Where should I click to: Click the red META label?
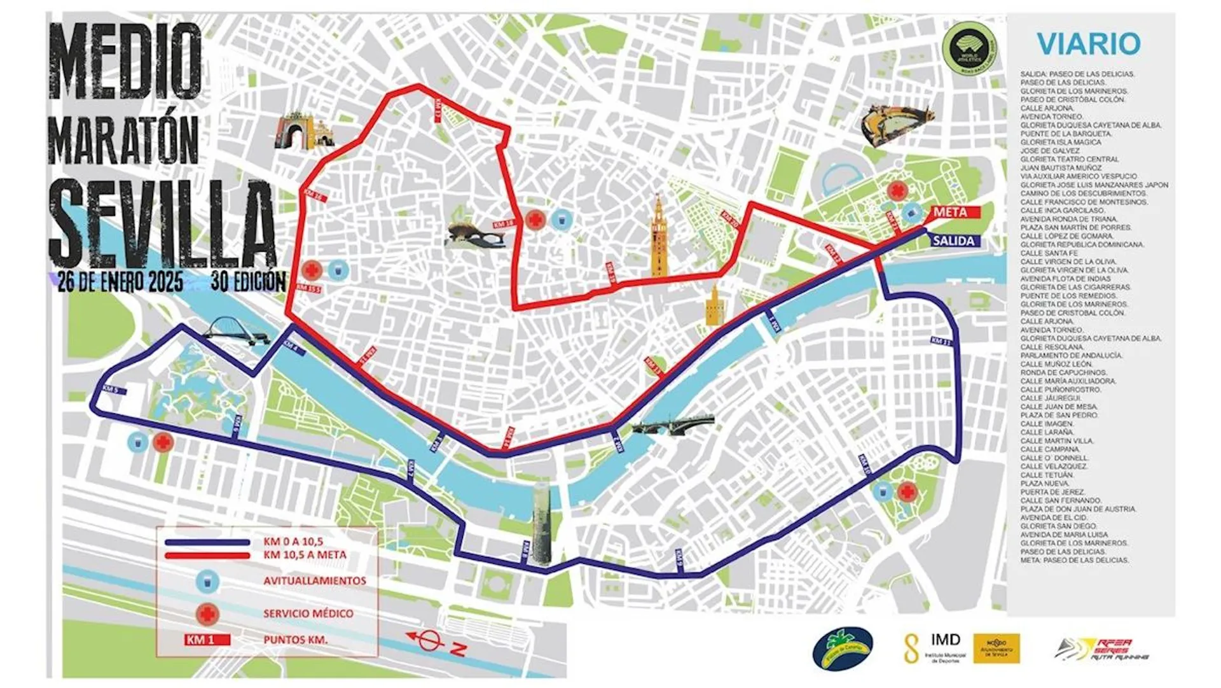[952, 213]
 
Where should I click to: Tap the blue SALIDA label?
[955, 241]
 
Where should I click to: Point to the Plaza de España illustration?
[897, 125]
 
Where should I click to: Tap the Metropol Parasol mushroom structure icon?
[474, 235]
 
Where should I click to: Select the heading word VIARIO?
[1088, 44]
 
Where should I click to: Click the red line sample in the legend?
[207, 555]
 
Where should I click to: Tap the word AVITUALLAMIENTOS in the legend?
[314, 581]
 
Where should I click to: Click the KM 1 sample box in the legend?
[207, 640]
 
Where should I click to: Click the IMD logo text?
[945, 640]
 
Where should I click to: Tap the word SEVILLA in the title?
[162, 223]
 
